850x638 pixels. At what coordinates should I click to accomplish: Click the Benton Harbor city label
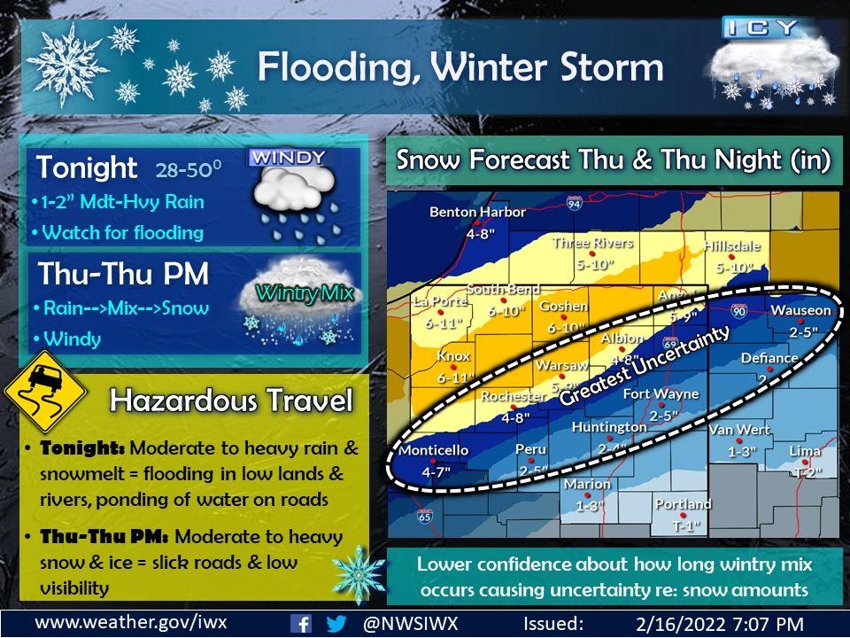(x=477, y=212)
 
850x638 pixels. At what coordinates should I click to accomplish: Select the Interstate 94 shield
(x=575, y=205)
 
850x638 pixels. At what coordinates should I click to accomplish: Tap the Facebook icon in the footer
(x=302, y=623)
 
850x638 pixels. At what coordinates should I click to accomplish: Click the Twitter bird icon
(x=336, y=623)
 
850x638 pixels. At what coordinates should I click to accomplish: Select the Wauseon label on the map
(x=800, y=310)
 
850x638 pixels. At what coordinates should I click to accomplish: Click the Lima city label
(x=805, y=452)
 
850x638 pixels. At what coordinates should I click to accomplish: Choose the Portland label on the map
(x=683, y=504)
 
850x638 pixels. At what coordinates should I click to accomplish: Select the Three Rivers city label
(x=592, y=242)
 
